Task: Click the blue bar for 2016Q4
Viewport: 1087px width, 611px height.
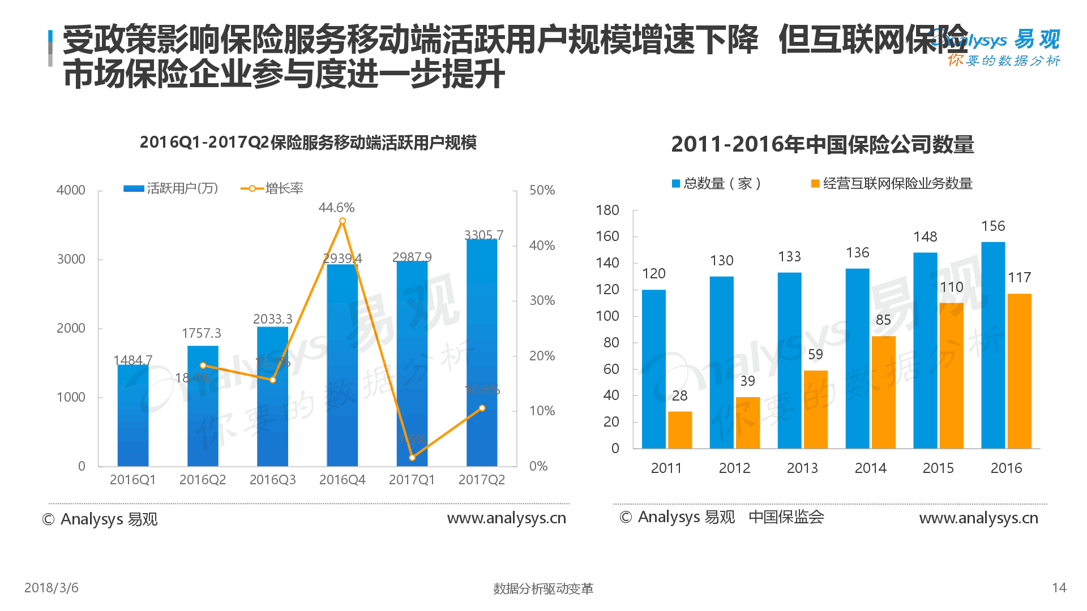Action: tap(342, 365)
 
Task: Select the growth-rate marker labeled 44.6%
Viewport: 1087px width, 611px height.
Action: tap(342, 221)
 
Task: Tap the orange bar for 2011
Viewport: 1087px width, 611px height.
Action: tap(679, 430)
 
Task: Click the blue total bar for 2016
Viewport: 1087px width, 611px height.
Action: tap(993, 345)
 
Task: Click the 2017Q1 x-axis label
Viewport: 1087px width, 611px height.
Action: tap(412, 480)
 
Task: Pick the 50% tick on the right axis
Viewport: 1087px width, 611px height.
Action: tap(542, 190)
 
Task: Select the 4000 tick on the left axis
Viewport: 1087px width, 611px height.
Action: tap(71, 190)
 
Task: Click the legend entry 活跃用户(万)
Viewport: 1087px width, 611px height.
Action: tap(171, 188)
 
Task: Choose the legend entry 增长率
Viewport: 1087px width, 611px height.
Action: tap(272, 188)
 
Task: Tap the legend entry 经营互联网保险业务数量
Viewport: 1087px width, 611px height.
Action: tap(892, 183)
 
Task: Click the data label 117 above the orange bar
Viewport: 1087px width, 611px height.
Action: tap(1019, 277)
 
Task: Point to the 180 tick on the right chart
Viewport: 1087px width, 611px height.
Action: tap(607, 210)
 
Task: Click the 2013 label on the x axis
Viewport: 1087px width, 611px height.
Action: tap(802, 468)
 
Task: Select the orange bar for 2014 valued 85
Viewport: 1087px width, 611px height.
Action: tap(883, 392)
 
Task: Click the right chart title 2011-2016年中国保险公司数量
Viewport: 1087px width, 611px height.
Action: tap(822, 144)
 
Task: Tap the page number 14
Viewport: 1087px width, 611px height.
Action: tap(1059, 588)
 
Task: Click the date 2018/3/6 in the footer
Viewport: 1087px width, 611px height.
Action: tap(51, 588)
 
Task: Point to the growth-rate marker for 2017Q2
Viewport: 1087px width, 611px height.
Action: tap(482, 408)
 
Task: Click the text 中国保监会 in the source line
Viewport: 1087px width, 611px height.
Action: tap(786, 517)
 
